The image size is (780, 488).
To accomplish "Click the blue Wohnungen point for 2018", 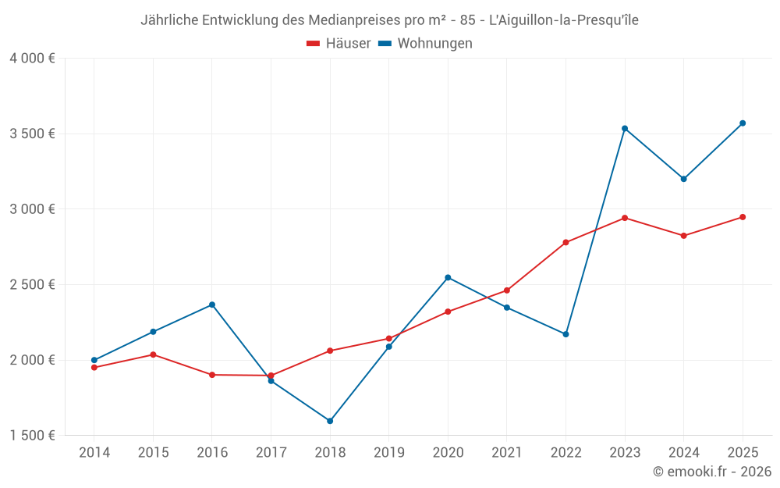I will (330, 421).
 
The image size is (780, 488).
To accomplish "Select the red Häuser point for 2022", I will (565, 242).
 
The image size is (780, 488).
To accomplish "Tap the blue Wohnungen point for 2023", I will (625, 128).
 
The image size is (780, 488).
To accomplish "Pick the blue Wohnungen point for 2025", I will (743, 123).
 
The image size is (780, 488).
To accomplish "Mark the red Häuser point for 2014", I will (94, 367).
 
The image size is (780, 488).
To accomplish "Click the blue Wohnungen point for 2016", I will (212, 305).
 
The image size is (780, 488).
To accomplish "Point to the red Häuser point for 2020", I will (448, 312).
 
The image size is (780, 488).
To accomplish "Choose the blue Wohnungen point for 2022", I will (565, 334).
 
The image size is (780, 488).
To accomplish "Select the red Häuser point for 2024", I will (683, 236).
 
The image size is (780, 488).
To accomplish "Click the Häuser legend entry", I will (339, 44).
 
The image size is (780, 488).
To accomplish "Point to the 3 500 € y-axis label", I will (33, 134).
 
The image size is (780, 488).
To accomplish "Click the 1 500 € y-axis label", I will (33, 436).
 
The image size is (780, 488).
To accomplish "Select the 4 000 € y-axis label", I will (33, 59).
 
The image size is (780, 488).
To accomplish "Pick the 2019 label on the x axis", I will (388, 452).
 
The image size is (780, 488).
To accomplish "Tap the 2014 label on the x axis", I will (94, 452).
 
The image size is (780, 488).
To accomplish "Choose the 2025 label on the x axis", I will (743, 452).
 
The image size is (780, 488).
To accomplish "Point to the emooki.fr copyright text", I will (712, 472).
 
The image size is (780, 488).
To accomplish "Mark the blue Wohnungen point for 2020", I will (448, 277).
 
